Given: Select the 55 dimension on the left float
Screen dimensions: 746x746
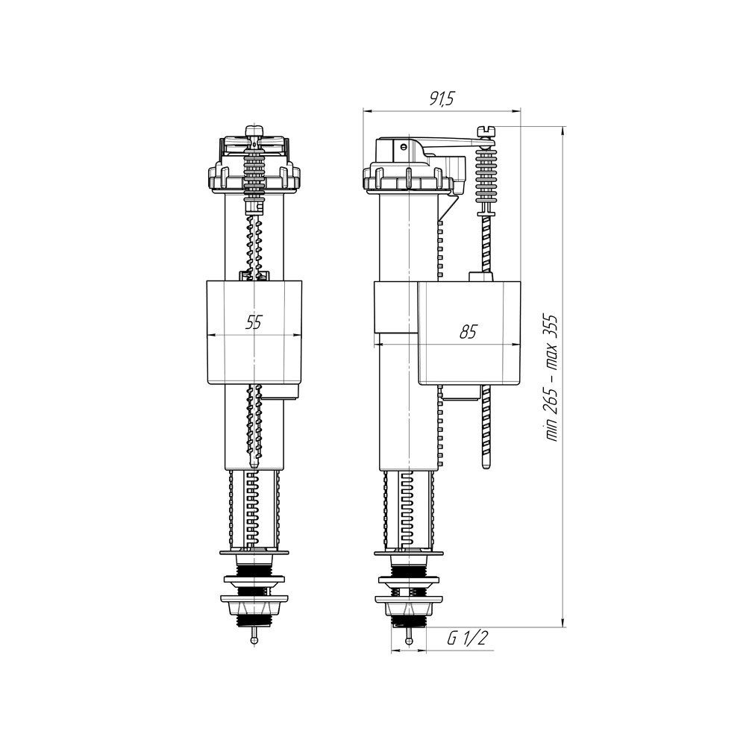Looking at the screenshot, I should click(x=255, y=322).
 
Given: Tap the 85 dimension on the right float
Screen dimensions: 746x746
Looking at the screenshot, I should click(x=468, y=333).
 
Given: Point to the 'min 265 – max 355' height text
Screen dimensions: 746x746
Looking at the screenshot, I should click(x=553, y=378).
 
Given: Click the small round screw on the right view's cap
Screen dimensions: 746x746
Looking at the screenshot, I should click(x=404, y=146).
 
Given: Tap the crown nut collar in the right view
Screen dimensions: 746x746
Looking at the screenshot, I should click(x=407, y=180).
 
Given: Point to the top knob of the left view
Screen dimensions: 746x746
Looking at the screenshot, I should click(x=255, y=134).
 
